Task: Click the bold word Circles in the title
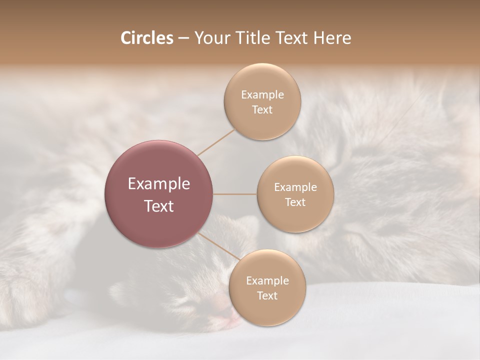click(x=146, y=38)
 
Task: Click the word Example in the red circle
click(x=159, y=184)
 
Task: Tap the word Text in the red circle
click(x=159, y=206)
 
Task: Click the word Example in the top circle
click(x=262, y=95)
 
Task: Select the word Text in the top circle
click(x=262, y=110)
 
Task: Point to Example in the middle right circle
click(x=295, y=187)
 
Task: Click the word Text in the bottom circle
click(x=267, y=296)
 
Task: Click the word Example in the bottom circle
click(x=267, y=281)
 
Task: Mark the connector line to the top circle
click(x=216, y=141)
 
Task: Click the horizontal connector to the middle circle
click(x=235, y=194)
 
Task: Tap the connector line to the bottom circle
click(x=218, y=246)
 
